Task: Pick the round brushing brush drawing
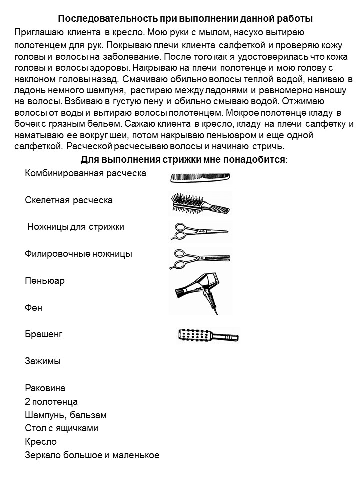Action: pyautogui.click(x=208, y=335)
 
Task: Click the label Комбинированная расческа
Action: pyautogui.click(x=85, y=173)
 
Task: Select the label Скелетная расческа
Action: pyautogui.click(x=69, y=200)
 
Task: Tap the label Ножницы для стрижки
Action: pyautogui.click(x=76, y=227)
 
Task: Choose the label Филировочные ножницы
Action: pyautogui.click(x=78, y=254)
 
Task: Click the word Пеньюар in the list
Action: pyautogui.click(x=45, y=281)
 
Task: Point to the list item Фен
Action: pyautogui.click(x=34, y=307)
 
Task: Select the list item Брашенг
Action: pyautogui.click(x=44, y=334)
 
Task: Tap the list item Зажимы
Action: pyautogui.click(x=42, y=361)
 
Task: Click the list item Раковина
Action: pyautogui.click(x=45, y=388)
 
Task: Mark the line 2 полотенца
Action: pyautogui.click(x=51, y=402)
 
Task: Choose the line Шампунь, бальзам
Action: pyautogui.click(x=66, y=415)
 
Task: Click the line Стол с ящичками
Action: pyautogui.click(x=61, y=429)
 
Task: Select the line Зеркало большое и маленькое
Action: pyautogui.click(x=92, y=455)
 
